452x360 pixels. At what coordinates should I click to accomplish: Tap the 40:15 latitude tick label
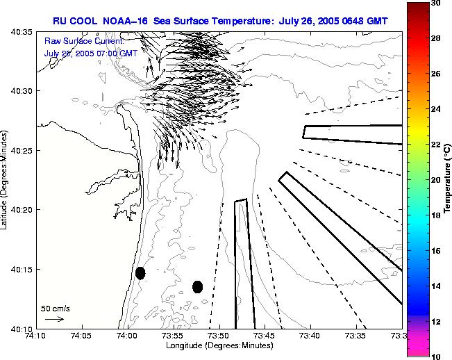point(23,270)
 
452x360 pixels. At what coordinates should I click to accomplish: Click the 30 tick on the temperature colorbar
point(434,3)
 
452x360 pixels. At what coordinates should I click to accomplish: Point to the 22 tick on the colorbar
point(434,145)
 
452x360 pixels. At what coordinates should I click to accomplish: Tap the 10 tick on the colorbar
point(434,356)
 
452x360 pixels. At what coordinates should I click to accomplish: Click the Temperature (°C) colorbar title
point(447,180)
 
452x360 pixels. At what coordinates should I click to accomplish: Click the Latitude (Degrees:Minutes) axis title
point(6,180)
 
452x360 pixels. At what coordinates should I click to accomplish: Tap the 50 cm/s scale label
point(56,308)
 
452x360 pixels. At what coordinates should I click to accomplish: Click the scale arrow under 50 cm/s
point(54,319)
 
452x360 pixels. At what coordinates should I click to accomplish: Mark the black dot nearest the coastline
point(140,273)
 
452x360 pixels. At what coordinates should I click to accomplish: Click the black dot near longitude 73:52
point(197,286)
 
